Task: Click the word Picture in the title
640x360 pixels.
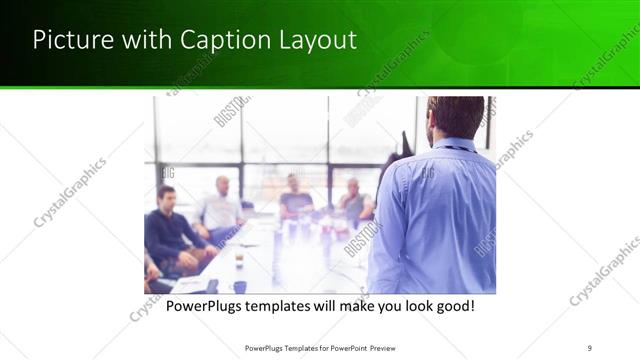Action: pyautogui.click(x=70, y=40)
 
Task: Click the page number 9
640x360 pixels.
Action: pyautogui.click(x=589, y=347)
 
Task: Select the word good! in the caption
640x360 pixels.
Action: pyautogui.click(x=453, y=305)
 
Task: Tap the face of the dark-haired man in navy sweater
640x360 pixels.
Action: pyautogui.click(x=166, y=196)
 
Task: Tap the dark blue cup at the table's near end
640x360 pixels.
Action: pyautogui.click(x=240, y=287)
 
